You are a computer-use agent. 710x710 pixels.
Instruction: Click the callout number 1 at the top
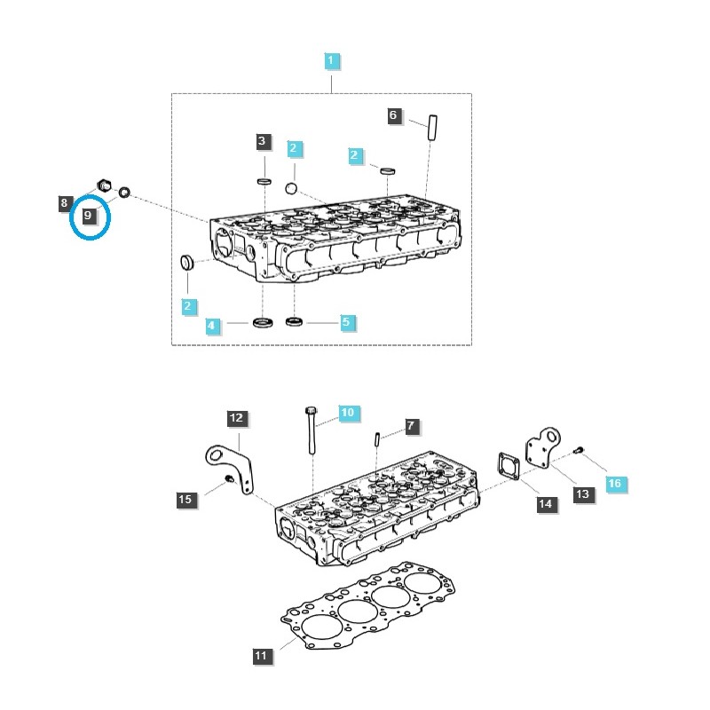pyautogui.click(x=331, y=61)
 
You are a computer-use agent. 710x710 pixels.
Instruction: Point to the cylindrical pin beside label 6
pyautogui.click(x=432, y=126)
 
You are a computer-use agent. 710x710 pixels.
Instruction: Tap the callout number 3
pyautogui.click(x=262, y=141)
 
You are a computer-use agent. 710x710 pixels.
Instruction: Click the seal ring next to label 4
pyautogui.click(x=264, y=320)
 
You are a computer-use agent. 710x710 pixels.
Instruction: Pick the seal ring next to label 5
pyautogui.click(x=296, y=320)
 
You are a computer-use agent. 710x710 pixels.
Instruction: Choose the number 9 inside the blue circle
pyautogui.click(x=88, y=216)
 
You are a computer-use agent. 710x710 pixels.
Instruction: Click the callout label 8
pyautogui.click(x=65, y=203)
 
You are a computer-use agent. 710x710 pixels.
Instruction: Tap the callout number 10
pyautogui.click(x=347, y=413)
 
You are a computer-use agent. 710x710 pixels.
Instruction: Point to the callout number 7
pyautogui.click(x=410, y=427)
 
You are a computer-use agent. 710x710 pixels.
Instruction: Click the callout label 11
pyautogui.click(x=261, y=657)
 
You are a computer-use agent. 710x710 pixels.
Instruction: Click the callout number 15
pyautogui.click(x=185, y=500)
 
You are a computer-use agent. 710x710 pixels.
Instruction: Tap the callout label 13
pyautogui.click(x=582, y=494)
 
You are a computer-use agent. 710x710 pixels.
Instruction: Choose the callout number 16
pyautogui.click(x=614, y=483)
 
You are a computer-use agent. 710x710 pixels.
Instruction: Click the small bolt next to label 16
pyautogui.click(x=579, y=451)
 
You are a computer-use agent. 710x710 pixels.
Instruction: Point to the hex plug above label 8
pyautogui.click(x=101, y=186)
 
